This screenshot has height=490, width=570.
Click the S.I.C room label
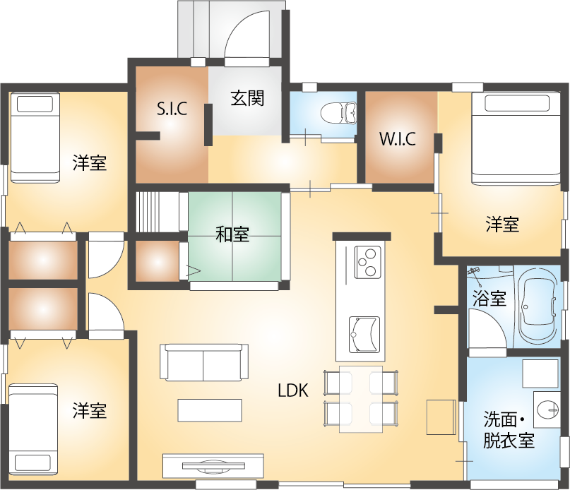click(x=171, y=109)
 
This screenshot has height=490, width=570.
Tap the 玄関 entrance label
click(x=247, y=99)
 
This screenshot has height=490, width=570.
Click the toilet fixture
click(x=339, y=112)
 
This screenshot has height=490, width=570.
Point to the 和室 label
click(x=232, y=234)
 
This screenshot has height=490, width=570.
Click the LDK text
click(x=292, y=390)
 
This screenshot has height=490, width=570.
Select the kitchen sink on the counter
click(x=364, y=333)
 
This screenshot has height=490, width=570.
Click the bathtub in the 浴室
click(x=539, y=308)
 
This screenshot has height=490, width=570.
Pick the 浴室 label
click(x=489, y=299)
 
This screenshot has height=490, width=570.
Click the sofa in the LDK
click(x=204, y=362)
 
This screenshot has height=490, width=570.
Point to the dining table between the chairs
click(x=360, y=398)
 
